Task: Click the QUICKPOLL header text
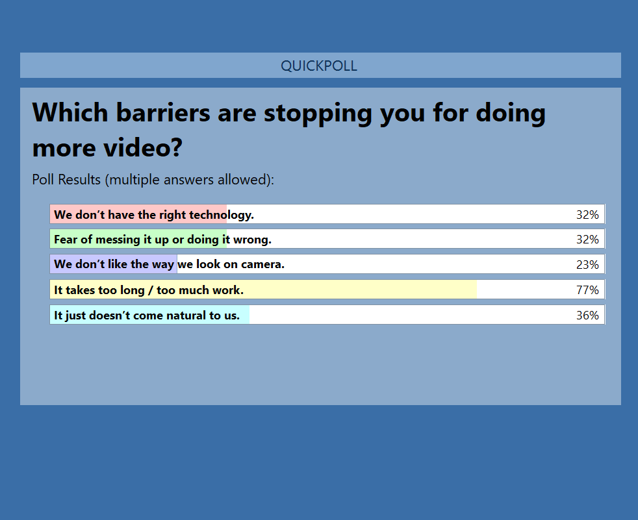click(x=319, y=66)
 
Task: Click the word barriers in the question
click(x=163, y=112)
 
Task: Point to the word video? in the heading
click(x=142, y=147)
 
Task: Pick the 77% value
click(x=587, y=290)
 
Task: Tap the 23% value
click(x=587, y=265)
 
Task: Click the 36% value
click(x=587, y=315)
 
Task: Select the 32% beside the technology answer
click(x=587, y=215)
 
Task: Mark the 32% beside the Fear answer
click(x=587, y=240)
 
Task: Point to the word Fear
click(x=66, y=240)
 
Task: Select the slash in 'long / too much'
click(x=151, y=290)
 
